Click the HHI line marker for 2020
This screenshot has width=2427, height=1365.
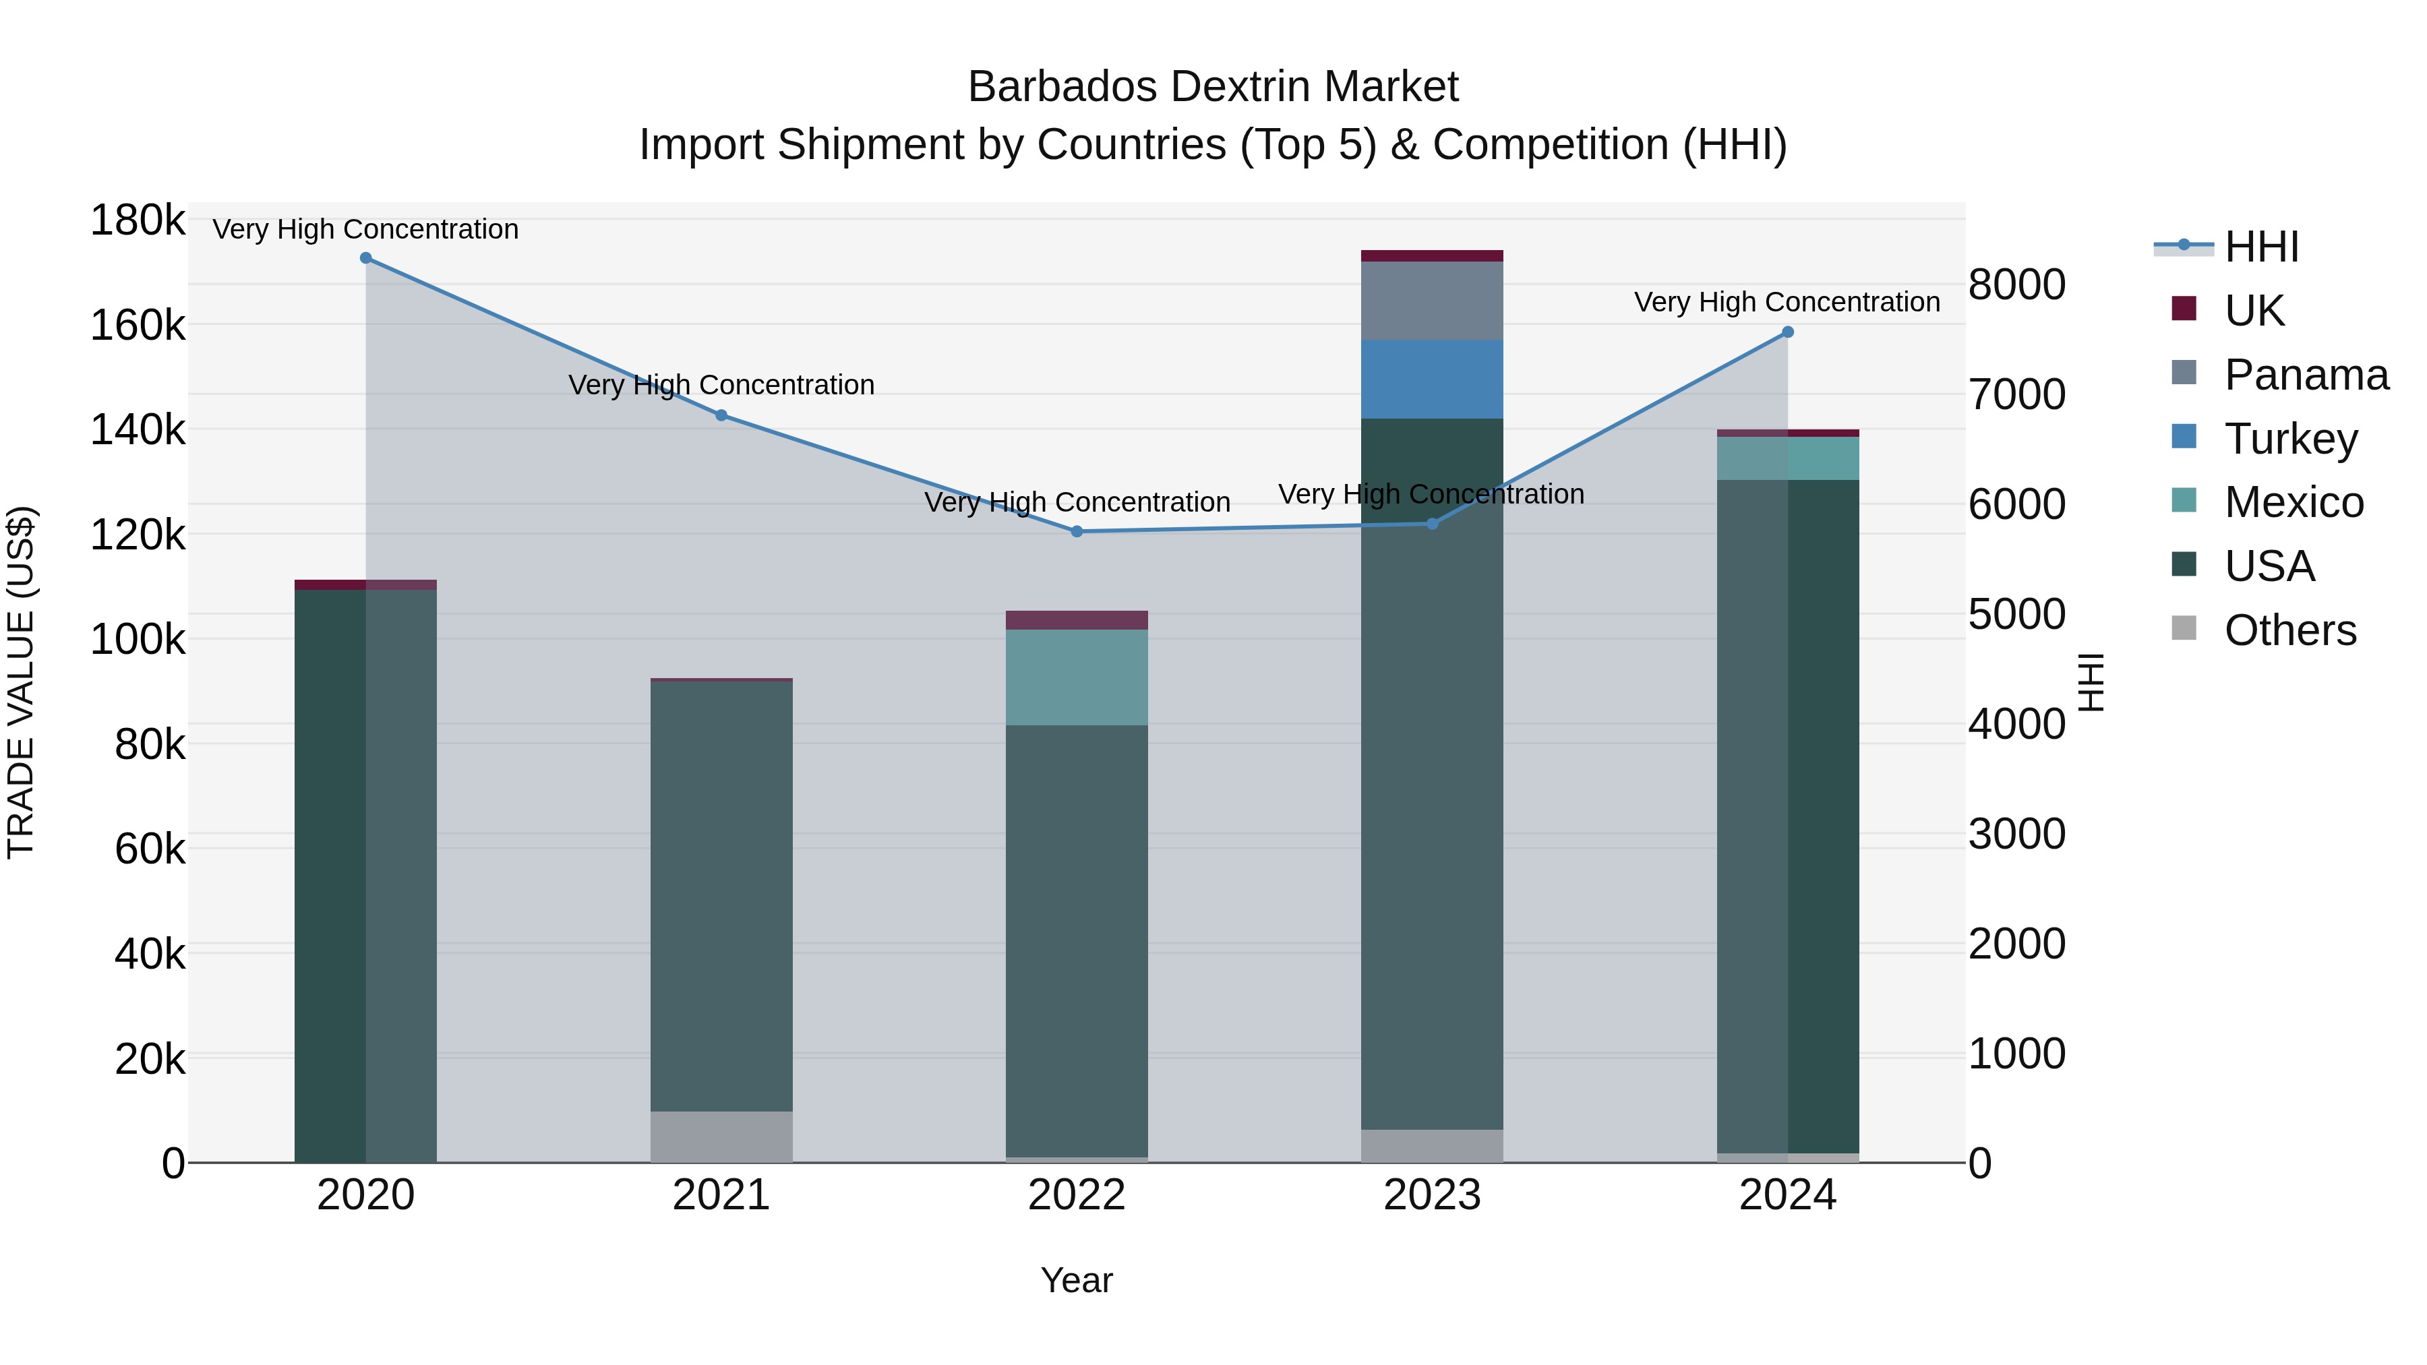[x=365, y=258]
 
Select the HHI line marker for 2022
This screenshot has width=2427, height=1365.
[x=1077, y=531]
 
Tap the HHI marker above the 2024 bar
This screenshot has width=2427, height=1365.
[x=1787, y=332]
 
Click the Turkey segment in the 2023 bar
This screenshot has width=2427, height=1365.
[x=1432, y=380]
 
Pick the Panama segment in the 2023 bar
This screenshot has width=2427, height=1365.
[x=1432, y=301]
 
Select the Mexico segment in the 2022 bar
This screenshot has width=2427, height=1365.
[x=1077, y=677]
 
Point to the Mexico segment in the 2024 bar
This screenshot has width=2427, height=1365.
[x=1787, y=459]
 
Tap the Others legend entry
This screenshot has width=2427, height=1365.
[x=2289, y=630]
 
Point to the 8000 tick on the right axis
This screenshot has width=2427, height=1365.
[x=2016, y=284]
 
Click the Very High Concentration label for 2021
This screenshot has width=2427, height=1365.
[x=721, y=386]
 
